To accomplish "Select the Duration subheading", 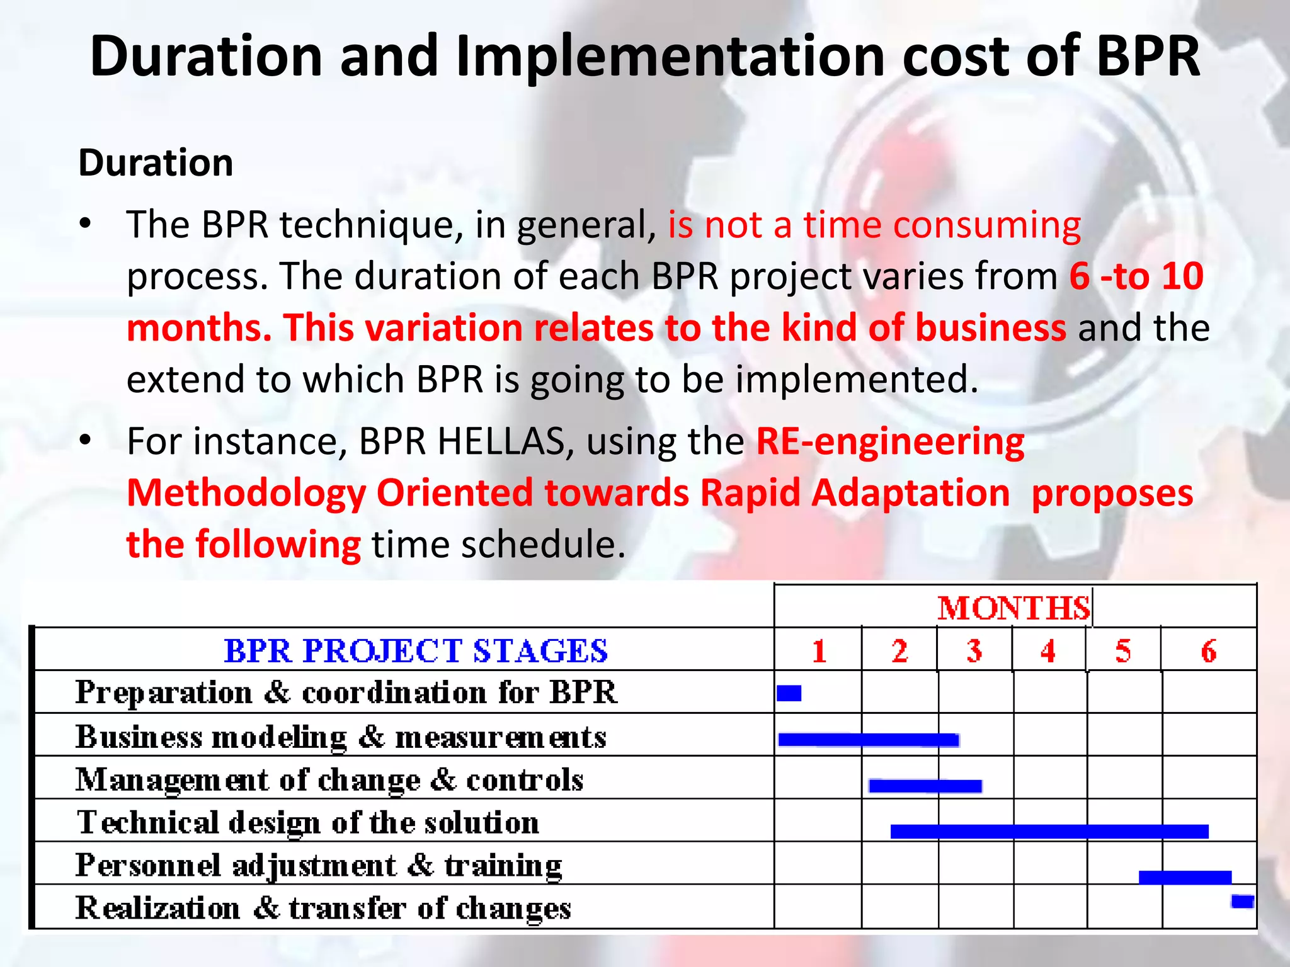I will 156,162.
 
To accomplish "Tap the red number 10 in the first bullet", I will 1182,276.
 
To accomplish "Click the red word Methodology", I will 246,493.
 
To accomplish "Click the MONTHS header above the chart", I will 1013,608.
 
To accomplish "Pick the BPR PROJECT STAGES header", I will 416,651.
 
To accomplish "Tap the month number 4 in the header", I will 1048,651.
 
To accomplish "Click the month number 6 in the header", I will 1208,651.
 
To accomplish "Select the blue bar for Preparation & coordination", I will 789,693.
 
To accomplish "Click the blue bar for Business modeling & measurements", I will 869,740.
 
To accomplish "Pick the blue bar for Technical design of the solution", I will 1049,832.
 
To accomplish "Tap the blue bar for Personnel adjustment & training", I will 1185,877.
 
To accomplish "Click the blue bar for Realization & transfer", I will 1242,902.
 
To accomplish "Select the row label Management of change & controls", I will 329,780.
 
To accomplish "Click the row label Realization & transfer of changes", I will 323,908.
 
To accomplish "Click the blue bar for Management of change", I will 925,786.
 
